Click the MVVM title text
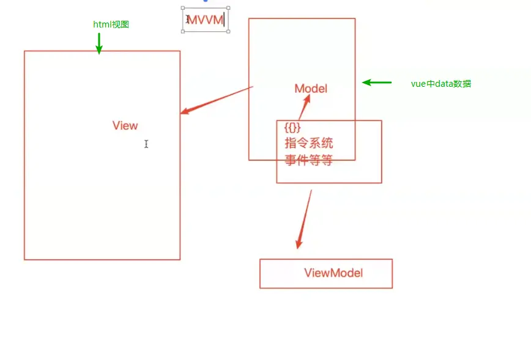(x=206, y=20)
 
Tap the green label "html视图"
(x=111, y=24)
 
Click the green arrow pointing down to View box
(x=98, y=43)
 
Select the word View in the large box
(x=125, y=125)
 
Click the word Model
(x=311, y=89)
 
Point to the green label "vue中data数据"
(x=441, y=84)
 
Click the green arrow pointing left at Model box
(x=376, y=83)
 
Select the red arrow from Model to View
(x=217, y=100)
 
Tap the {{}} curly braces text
(x=293, y=128)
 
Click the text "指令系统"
(x=309, y=144)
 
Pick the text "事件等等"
(x=309, y=161)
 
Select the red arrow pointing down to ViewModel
(x=304, y=219)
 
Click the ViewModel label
(x=333, y=273)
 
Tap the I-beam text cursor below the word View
(x=146, y=144)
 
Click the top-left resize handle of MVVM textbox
(x=183, y=8)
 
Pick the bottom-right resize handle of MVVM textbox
(x=228, y=32)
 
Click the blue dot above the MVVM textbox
(x=206, y=1)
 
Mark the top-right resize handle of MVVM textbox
(x=228, y=8)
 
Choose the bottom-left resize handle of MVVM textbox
(x=183, y=32)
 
